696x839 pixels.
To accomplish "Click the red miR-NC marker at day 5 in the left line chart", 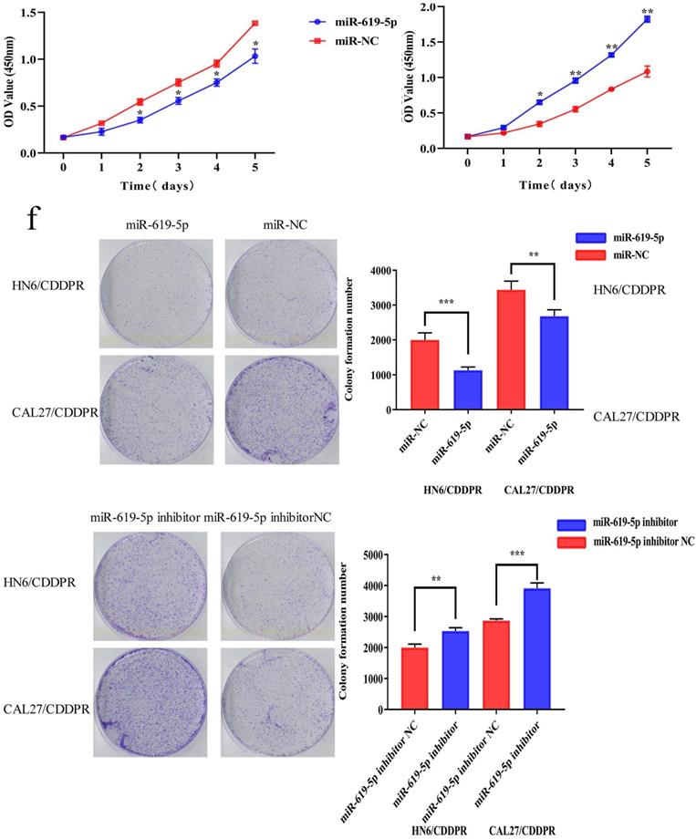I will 255,23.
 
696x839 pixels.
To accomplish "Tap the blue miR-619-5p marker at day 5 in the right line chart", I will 647,19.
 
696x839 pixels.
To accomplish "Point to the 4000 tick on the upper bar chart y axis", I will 379,271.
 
